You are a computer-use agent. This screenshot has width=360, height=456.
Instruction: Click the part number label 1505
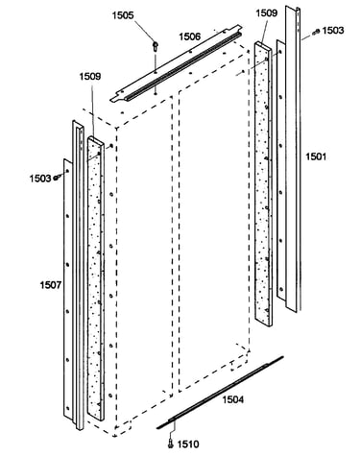(123, 15)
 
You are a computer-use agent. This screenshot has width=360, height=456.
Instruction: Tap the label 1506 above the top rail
(189, 36)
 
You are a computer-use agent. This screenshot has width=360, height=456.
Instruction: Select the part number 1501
(316, 156)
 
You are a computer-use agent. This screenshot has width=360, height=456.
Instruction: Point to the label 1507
(51, 284)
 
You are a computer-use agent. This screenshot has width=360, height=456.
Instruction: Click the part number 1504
(233, 399)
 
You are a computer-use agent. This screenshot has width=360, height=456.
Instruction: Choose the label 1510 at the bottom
(188, 444)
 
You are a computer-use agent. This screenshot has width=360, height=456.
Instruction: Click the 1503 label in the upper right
(333, 31)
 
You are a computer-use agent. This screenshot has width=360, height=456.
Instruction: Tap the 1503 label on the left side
(40, 179)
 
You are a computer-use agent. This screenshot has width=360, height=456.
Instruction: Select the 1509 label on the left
(90, 77)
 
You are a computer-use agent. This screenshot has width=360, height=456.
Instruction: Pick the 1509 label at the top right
(267, 13)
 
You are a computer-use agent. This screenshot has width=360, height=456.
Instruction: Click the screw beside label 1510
(171, 444)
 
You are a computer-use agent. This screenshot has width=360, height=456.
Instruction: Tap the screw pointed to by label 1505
(156, 46)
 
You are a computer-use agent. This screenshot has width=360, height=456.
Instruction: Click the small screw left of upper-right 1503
(317, 32)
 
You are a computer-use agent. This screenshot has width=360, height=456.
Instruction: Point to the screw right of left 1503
(57, 177)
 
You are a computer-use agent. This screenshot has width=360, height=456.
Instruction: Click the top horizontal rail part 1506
(176, 63)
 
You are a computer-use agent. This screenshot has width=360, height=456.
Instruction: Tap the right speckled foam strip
(263, 184)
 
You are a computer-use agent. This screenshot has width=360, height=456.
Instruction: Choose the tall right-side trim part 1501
(293, 158)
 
